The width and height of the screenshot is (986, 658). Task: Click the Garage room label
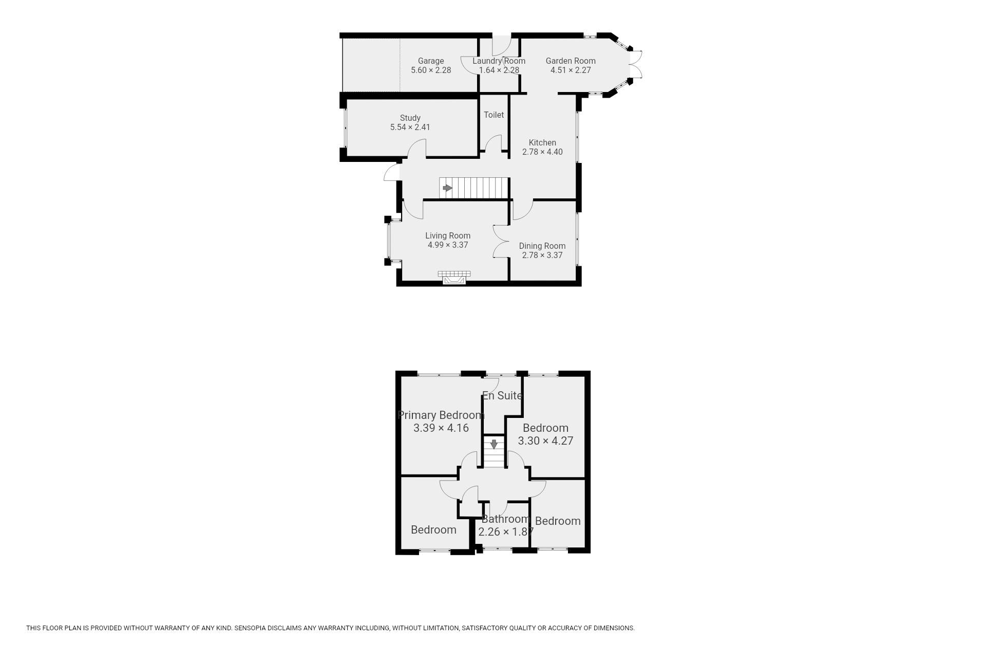430,61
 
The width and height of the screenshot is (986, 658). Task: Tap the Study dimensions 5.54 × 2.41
410,127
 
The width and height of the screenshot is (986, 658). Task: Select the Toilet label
494,115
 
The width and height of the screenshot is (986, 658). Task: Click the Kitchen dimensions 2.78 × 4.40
542,152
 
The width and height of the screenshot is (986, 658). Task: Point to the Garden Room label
570,61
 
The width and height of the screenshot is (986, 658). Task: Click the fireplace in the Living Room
454,278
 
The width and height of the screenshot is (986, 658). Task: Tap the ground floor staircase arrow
447,188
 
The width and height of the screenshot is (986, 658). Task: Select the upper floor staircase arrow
494,444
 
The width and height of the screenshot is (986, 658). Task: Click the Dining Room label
542,246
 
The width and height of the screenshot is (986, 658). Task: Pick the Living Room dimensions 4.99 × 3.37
448,245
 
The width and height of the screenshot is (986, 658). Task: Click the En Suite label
502,395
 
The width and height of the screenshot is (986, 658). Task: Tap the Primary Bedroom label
441,415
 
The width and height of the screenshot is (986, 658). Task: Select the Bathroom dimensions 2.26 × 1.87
506,532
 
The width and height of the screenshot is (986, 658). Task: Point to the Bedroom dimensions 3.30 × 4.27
545,441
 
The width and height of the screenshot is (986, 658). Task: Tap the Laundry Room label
499,61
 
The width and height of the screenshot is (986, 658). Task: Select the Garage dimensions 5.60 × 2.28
431,70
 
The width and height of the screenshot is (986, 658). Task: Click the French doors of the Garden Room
636,64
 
